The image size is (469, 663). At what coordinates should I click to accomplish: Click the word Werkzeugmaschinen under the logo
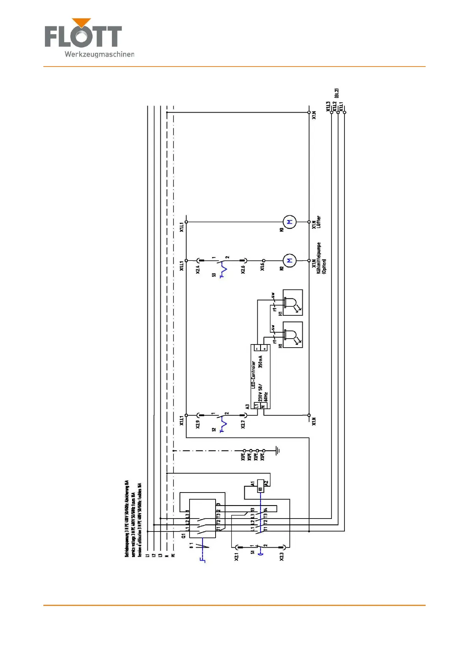point(99,54)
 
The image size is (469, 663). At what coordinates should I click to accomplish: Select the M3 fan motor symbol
point(290,222)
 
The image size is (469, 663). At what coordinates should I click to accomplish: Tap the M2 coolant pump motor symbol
point(290,261)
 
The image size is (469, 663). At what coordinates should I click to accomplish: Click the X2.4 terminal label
point(198,269)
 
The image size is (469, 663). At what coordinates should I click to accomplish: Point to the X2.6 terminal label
point(243,269)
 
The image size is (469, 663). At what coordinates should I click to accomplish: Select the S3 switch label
point(214,275)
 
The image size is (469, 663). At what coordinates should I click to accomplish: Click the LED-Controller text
point(253,375)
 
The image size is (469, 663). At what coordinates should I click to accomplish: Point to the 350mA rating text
point(260,361)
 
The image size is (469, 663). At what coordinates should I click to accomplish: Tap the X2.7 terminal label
point(243,424)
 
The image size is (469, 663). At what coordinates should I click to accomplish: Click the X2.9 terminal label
point(198,424)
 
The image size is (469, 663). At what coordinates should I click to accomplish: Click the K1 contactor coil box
point(261,486)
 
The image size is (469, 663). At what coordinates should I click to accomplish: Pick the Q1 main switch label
point(184,536)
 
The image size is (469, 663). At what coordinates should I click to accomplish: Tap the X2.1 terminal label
point(236,557)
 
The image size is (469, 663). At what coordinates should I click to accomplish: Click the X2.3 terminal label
point(282,557)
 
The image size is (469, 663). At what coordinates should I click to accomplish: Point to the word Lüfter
point(318,222)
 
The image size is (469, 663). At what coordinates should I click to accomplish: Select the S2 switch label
point(214,430)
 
